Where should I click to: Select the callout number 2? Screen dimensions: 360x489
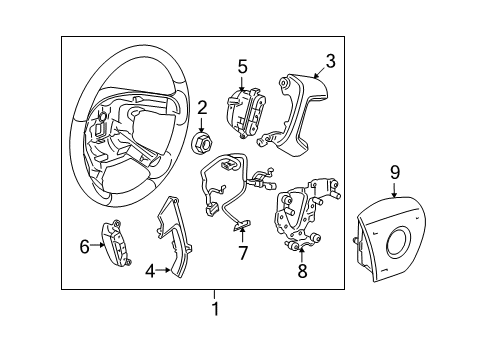(201, 107)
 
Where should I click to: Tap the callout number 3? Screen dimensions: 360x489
(330, 61)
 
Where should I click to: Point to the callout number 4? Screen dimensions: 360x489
(150, 270)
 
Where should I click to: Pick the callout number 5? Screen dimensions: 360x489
(242, 67)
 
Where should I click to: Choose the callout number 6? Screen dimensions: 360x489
(84, 243)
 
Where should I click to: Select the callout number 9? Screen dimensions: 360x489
(395, 172)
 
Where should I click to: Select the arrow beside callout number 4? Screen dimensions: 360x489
(162, 269)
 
